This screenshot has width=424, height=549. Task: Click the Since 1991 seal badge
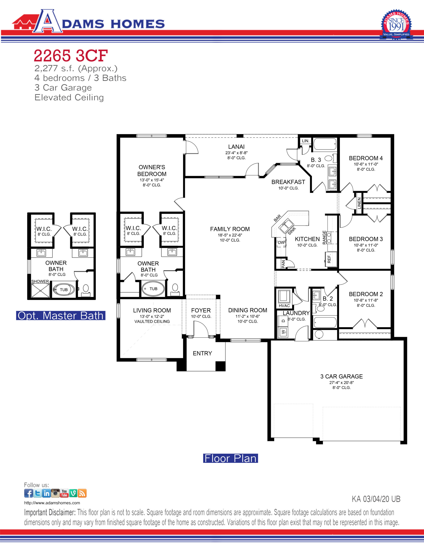[396, 24]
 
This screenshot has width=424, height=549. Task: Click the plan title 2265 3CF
[71, 56]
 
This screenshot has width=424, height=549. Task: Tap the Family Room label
[230, 229]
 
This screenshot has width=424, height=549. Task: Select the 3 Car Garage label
[341, 376]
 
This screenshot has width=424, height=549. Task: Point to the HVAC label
[284, 306]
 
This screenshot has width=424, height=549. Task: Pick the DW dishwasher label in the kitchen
[281, 243]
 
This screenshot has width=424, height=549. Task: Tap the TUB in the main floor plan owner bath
[153, 289]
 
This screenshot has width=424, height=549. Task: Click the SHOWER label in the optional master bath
[40, 281]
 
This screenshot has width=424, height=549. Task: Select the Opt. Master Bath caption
[61, 315]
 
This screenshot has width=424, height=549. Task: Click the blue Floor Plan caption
[230, 458]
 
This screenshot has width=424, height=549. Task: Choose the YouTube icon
[64, 493]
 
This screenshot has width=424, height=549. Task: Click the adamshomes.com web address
[52, 503]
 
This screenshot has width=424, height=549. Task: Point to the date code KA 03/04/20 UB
[376, 499]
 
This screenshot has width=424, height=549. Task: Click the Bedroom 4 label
[366, 158]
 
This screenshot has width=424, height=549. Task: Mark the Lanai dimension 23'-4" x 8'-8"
[236, 153]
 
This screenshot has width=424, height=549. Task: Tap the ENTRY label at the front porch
[202, 353]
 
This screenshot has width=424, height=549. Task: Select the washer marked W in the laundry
[283, 332]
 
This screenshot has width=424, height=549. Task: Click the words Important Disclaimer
[50, 512]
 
